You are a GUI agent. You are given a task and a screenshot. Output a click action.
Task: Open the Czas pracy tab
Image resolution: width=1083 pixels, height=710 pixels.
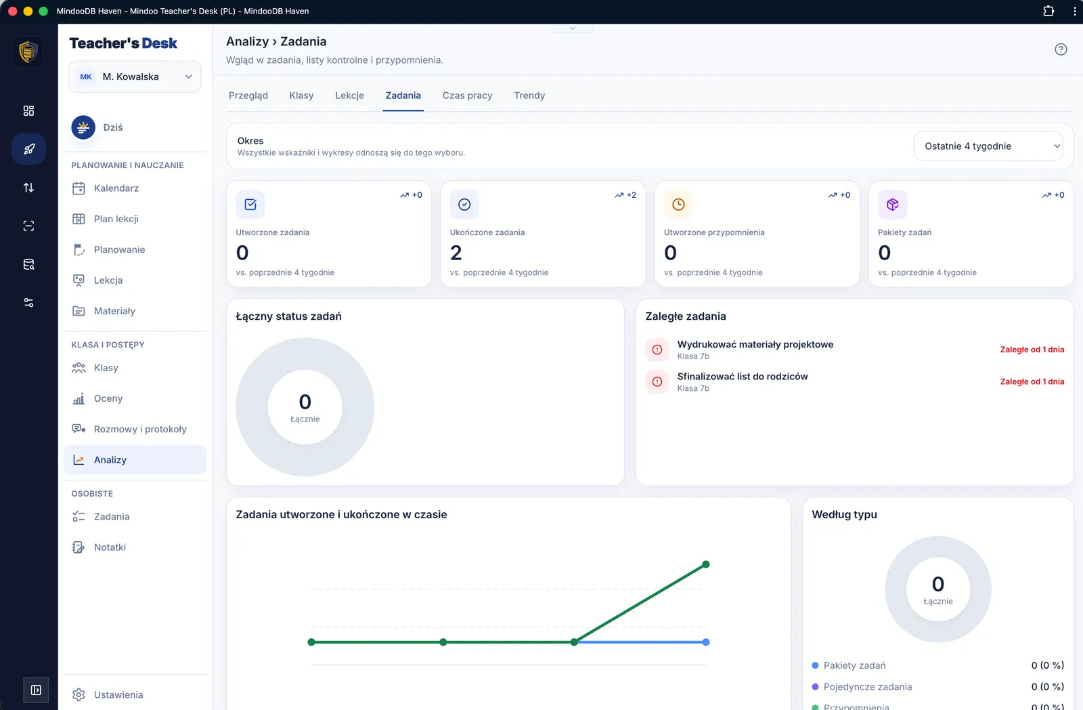[467, 96]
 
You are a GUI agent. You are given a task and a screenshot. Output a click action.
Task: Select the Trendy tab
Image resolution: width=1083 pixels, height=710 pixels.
[529, 96]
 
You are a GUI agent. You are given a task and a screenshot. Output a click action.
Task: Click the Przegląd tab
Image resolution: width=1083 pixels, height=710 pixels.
[248, 96]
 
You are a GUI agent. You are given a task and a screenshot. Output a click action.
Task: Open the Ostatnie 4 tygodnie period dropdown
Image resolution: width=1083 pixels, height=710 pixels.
[988, 146]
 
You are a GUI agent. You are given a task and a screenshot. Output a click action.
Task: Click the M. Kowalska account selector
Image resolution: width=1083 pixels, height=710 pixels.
[135, 77]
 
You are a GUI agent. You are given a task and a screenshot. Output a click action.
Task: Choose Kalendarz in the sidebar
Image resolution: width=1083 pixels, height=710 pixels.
[116, 188]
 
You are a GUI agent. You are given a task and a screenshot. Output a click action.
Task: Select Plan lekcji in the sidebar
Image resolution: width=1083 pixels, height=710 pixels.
[116, 219]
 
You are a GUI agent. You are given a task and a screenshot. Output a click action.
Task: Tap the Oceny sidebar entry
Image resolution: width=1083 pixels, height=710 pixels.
[108, 398]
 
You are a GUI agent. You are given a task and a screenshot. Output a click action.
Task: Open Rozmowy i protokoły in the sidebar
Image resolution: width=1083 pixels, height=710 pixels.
[139, 429]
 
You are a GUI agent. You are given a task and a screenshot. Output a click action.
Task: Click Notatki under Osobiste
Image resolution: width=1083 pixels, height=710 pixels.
[110, 547]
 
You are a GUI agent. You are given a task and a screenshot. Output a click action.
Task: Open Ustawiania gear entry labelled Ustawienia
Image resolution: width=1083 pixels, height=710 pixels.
[118, 694]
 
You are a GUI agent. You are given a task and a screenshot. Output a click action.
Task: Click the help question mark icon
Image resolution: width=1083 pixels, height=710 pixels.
[1061, 49]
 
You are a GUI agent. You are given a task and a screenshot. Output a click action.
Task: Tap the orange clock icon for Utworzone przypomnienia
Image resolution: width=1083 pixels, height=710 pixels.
[678, 204]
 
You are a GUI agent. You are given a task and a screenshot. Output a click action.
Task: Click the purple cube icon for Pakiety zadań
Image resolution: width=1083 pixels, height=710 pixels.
[893, 204]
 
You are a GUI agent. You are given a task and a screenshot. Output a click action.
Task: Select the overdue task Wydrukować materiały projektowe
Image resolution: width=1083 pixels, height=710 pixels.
[755, 344]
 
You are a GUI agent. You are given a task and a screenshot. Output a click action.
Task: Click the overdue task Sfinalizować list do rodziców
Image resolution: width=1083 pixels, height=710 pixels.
[743, 376]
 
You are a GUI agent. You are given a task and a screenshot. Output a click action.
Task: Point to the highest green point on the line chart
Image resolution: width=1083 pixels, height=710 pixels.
[706, 564]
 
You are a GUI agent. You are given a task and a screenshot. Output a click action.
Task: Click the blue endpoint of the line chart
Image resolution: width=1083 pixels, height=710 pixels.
[706, 642]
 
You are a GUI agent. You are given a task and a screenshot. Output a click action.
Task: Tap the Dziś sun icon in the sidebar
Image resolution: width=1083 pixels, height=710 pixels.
[83, 127]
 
